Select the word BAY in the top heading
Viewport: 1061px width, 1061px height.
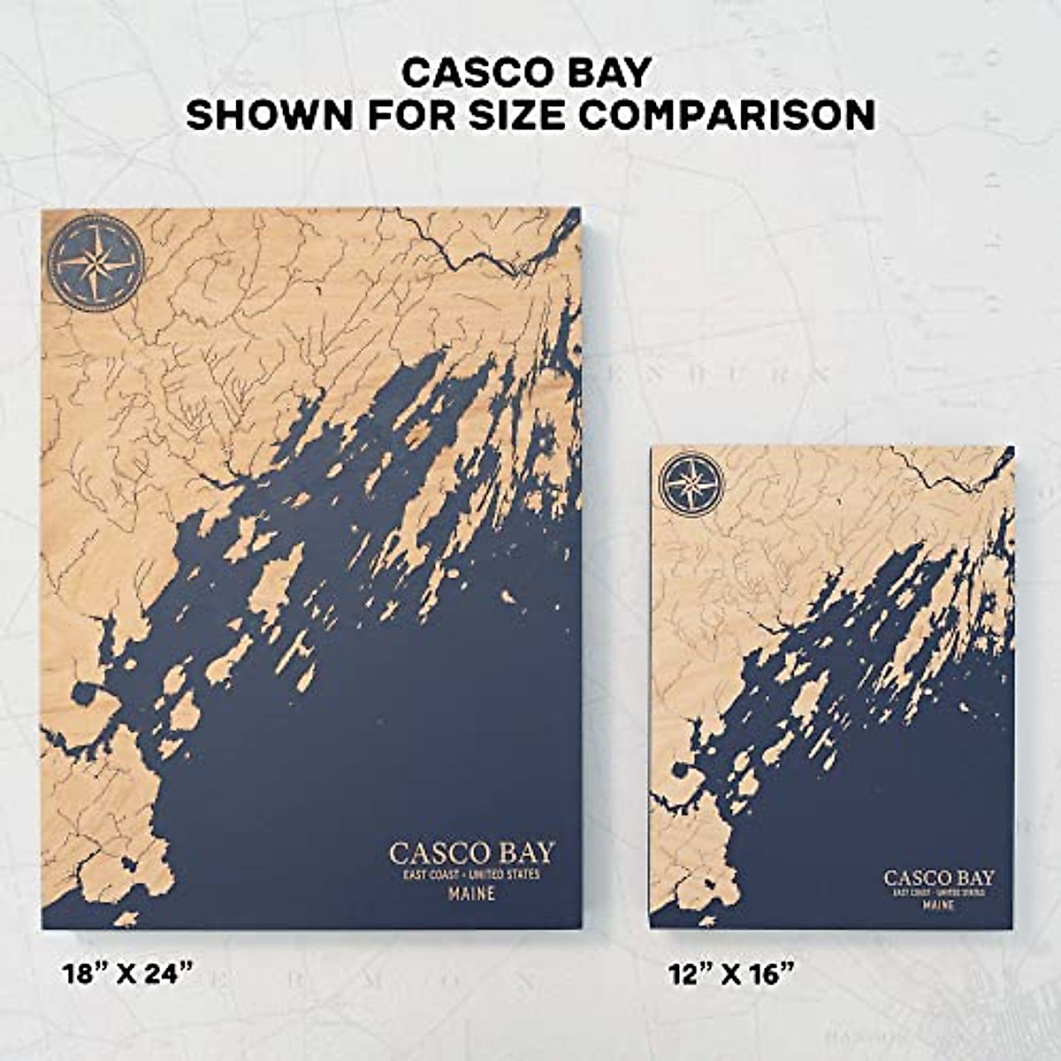pos(609,73)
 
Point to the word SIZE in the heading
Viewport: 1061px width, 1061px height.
pos(528,115)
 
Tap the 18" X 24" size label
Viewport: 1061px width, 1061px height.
pos(127,974)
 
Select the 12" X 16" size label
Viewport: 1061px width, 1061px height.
pos(730,974)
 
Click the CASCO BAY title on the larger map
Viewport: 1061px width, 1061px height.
pos(471,853)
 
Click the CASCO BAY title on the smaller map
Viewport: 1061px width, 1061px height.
pos(939,878)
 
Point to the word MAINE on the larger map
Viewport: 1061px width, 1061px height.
pos(471,894)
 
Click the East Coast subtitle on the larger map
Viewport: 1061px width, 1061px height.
pos(471,874)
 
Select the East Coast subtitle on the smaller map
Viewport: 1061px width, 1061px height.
pos(939,893)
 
